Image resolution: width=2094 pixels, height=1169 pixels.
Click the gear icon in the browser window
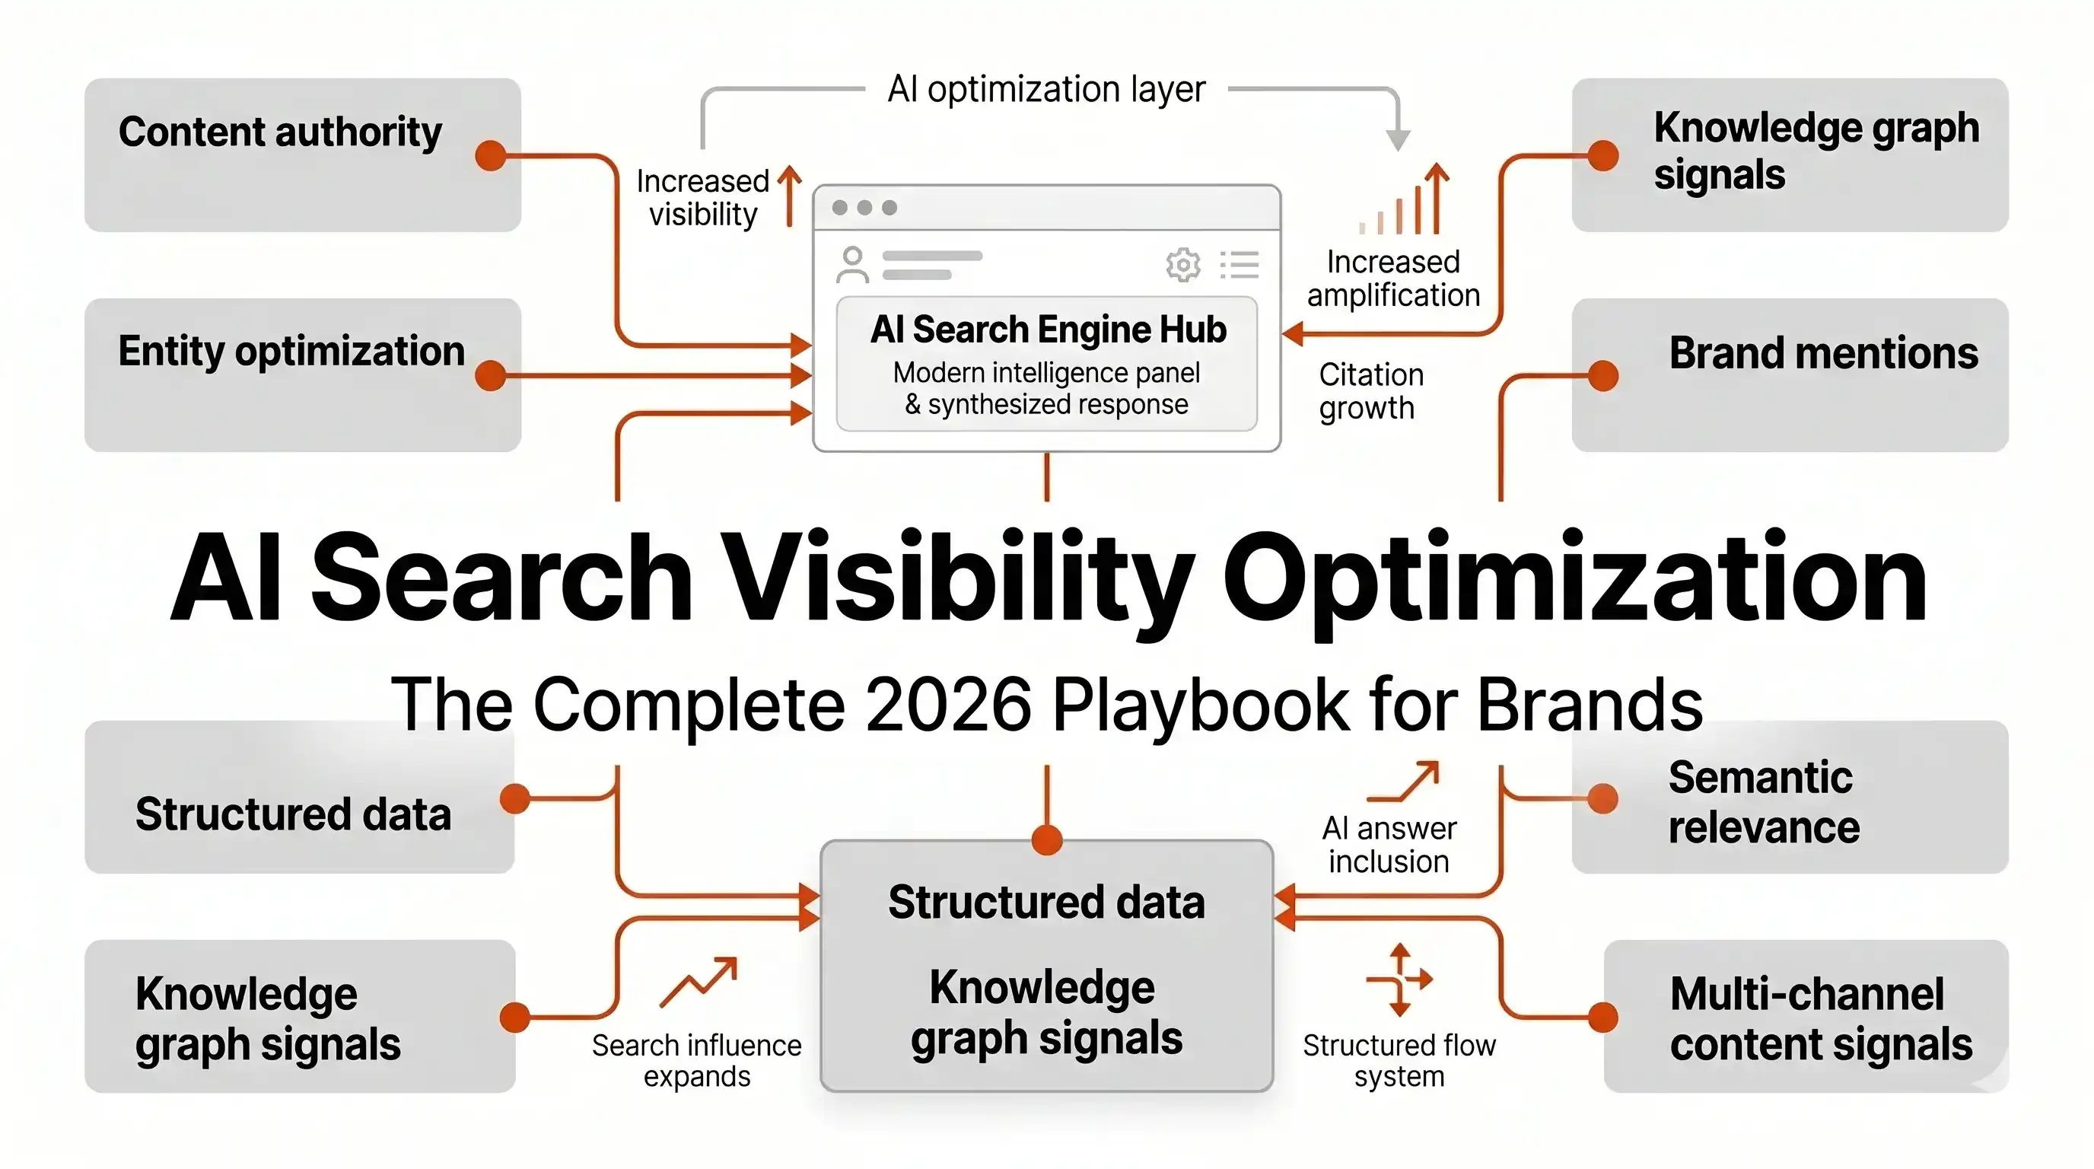point(1182,264)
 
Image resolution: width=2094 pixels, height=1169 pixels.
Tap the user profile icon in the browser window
point(852,264)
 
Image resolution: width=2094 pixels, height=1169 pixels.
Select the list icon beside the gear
point(1240,265)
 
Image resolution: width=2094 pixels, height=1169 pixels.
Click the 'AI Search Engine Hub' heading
point(1048,330)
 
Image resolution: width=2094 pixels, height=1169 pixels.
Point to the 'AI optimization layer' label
point(1046,88)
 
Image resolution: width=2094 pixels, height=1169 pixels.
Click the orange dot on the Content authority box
point(491,154)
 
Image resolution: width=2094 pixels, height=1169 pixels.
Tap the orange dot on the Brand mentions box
point(1603,375)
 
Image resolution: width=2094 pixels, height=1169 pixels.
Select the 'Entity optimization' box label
point(292,351)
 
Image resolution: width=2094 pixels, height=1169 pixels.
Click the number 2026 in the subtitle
point(949,703)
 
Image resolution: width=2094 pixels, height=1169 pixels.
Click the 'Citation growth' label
point(1370,391)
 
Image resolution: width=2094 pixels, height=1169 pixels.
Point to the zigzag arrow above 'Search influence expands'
point(699,981)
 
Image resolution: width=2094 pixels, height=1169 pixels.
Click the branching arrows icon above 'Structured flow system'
point(1399,979)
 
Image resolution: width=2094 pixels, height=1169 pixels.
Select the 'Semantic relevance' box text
point(1764,802)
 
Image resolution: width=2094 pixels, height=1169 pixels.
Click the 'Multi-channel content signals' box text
point(1821,1018)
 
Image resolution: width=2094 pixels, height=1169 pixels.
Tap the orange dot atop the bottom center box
point(1047,839)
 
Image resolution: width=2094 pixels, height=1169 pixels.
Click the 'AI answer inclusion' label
point(1389,845)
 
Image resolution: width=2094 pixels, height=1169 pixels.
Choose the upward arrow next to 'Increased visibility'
point(789,196)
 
